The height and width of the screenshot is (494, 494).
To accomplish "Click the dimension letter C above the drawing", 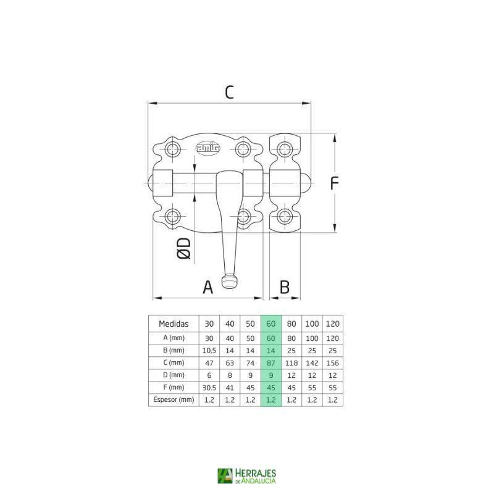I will [229, 92].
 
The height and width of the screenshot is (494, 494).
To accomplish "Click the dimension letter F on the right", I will [335, 183].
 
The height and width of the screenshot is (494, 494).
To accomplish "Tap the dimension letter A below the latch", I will [208, 287].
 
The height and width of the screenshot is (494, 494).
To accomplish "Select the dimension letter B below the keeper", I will [284, 287].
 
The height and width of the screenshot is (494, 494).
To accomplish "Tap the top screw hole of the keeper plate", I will [284, 148].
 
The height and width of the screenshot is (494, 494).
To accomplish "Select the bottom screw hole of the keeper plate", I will [284, 216].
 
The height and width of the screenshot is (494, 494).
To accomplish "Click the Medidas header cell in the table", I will [174, 324].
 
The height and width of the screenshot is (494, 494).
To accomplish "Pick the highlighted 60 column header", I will [270, 324].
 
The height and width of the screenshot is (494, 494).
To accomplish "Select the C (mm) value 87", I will [270, 362].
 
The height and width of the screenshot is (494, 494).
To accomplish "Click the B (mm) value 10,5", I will [209, 350].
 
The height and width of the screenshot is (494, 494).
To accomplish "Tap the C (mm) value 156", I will [332, 362].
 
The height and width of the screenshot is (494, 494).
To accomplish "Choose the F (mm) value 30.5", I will [209, 388].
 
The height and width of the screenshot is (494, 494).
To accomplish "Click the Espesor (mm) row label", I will [174, 400].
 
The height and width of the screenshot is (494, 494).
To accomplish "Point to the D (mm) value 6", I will [209, 375].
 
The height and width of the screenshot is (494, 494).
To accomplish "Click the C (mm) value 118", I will [291, 362].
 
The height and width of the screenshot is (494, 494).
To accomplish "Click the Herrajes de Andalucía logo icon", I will [225, 475].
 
